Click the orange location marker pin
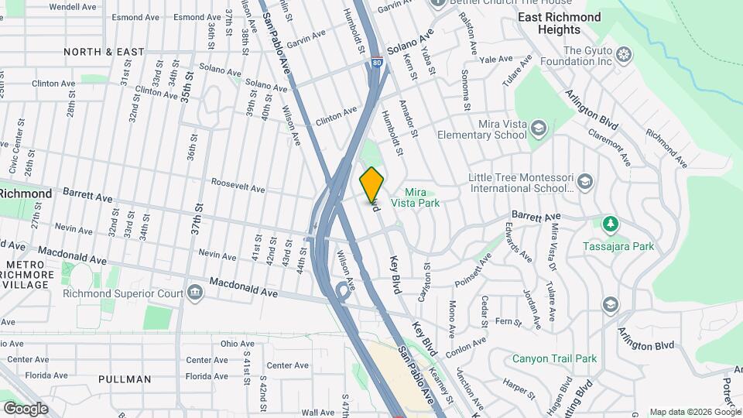click(371, 184)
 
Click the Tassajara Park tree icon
click(611, 224)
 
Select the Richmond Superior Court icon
click(194, 293)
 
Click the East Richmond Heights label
click(560, 23)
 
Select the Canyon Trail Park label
click(554, 358)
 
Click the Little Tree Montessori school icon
click(585, 182)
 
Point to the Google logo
click(26, 408)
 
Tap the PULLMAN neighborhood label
click(125, 379)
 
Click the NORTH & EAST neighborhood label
click(104, 52)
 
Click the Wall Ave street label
click(317, 413)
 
